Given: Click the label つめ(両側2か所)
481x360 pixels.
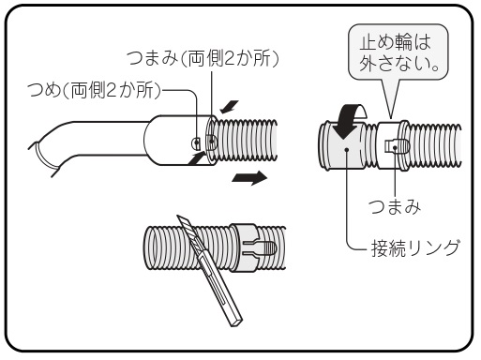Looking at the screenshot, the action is tap(94, 90).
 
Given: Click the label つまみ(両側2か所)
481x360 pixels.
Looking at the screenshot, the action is tap(203, 58).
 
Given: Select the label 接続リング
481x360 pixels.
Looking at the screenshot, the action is tap(415, 248).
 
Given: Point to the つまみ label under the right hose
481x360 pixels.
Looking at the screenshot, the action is tap(395, 206).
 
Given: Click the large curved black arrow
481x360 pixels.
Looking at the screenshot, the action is tap(349, 120).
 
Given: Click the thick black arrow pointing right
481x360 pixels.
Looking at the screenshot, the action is tap(249, 178).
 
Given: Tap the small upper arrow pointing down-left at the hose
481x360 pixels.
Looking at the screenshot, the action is tap(229, 107).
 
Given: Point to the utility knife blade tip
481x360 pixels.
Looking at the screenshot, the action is tap(178, 216).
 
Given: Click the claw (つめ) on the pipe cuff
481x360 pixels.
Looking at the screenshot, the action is tap(196, 142).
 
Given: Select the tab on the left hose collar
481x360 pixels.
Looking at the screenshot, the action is tap(211, 142).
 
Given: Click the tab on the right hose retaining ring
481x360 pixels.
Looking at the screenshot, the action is tap(397, 146).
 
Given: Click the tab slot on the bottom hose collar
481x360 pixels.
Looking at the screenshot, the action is tap(260, 247).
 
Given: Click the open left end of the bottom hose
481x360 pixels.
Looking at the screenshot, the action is tap(149, 247).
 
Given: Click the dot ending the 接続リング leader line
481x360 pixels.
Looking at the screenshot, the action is tap(347, 150).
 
